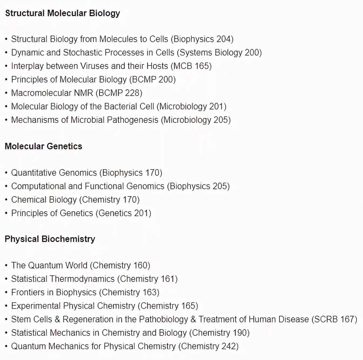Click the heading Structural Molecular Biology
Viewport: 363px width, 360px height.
point(63,13)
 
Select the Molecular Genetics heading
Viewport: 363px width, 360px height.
point(43,146)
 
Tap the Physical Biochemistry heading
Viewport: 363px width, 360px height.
point(50,239)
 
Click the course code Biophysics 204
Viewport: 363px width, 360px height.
point(202,39)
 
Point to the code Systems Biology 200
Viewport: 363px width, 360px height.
point(219,53)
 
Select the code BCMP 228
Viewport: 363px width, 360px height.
point(119,93)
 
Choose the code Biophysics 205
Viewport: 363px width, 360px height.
point(198,186)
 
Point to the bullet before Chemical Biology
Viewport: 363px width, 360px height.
point(6,200)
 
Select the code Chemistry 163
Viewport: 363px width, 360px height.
point(129,292)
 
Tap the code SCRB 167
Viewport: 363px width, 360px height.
point(334,319)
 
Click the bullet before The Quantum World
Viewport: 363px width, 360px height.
point(6,266)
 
